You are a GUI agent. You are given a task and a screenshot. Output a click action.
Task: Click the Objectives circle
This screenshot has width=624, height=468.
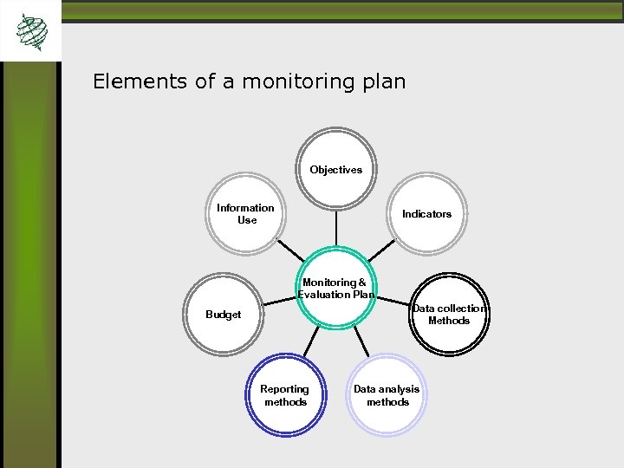336,169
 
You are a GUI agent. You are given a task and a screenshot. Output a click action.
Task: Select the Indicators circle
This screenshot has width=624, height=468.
426,214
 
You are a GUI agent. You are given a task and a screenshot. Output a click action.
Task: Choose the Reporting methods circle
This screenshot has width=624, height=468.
286,395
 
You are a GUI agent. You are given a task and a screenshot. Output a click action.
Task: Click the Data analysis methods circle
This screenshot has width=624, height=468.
387,395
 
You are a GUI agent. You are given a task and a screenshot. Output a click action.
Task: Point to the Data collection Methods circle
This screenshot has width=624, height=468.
449,315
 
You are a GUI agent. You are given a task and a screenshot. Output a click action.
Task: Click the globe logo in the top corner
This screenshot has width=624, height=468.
31,32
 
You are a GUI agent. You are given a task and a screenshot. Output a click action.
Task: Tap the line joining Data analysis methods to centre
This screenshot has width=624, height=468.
362,343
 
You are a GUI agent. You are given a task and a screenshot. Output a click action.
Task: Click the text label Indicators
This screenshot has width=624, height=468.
426,214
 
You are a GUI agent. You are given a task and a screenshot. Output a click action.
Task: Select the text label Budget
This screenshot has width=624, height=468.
224,315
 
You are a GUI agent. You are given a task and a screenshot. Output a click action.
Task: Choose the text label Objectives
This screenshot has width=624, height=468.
336,170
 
